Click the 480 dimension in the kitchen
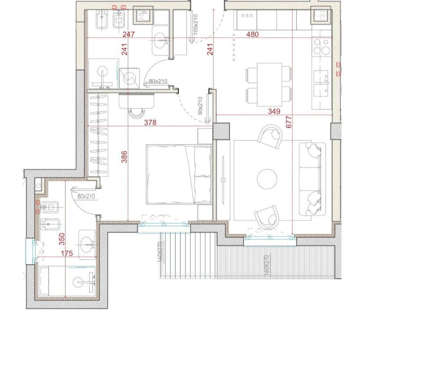click(252, 35)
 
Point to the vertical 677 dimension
click(288, 122)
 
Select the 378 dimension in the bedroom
click(150, 122)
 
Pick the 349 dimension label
click(274, 111)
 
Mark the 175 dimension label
click(66, 254)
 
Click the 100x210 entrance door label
click(196, 25)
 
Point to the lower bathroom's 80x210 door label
click(86, 196)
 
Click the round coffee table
click(267, 179)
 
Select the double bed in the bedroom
click(179, 174)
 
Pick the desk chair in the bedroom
click(137, 112)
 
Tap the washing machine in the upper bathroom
click(132, 78)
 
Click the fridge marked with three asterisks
click(247, 19)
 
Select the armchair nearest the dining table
click(270, 136)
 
